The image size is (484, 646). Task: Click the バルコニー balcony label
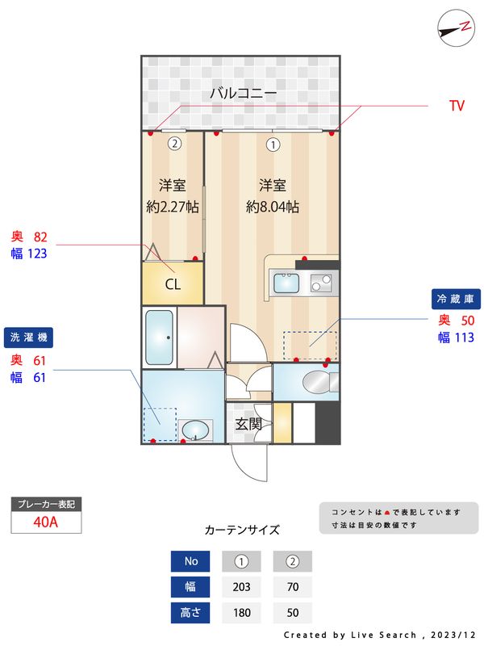point(243,94)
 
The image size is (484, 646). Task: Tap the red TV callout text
point(457,106)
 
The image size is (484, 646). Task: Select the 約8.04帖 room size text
point(273,207)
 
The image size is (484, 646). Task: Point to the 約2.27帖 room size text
point(173,207)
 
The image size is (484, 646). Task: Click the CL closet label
point(173,284)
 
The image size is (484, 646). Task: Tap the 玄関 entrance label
point(248,423)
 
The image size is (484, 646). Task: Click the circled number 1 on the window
point(273,145)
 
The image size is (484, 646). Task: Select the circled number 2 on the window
point(173,145)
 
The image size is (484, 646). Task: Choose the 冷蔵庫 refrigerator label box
point(457,299)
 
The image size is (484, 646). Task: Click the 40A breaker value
point(46,522)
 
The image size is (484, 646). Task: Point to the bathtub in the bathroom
point(159,338)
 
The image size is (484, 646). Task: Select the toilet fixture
point(315,382)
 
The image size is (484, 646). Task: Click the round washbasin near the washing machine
point(194,430)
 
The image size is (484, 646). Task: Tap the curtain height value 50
point(293,613)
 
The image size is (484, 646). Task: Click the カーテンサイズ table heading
point(242,531)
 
